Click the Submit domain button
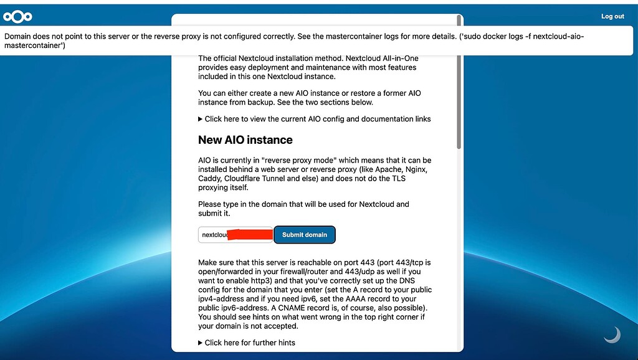305,235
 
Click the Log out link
612,16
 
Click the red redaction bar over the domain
250,235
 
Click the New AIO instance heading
245,140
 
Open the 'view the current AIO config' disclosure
315,119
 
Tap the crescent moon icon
612,335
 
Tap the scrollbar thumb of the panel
459,81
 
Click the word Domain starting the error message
19,36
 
